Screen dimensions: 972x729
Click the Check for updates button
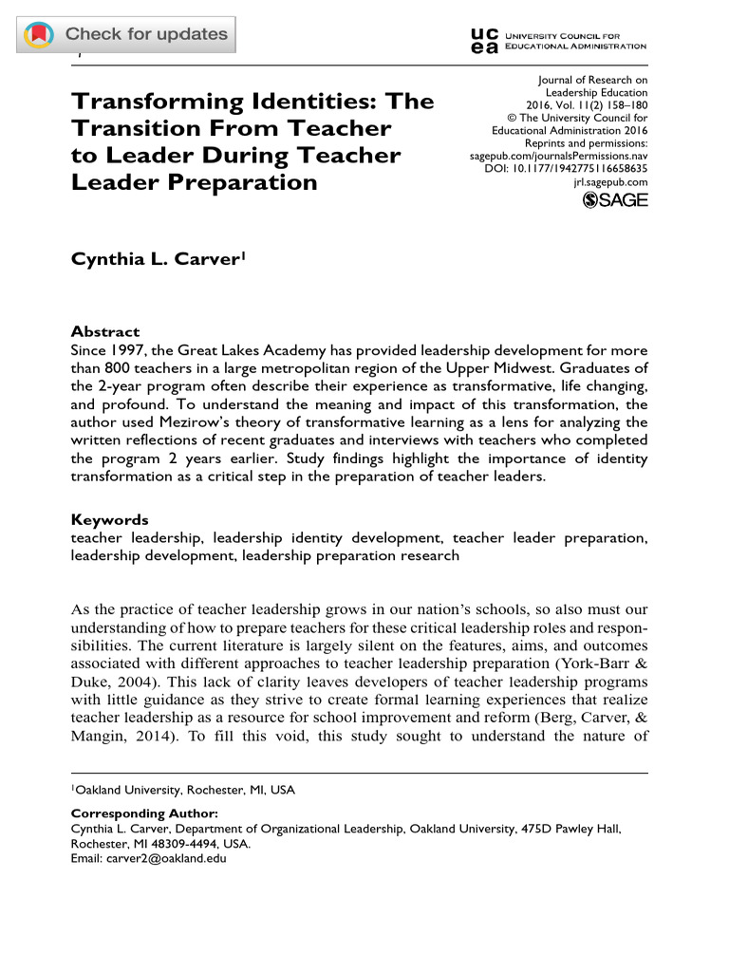click(127, 35)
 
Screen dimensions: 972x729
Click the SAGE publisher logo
click(615, 201)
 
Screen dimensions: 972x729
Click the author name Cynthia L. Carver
click(155, 258)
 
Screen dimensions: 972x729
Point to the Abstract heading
click(106, 332)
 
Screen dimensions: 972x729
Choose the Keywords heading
click(110, 520)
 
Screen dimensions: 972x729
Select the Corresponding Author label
click(144, 813)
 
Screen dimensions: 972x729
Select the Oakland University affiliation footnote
click(184, 790)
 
